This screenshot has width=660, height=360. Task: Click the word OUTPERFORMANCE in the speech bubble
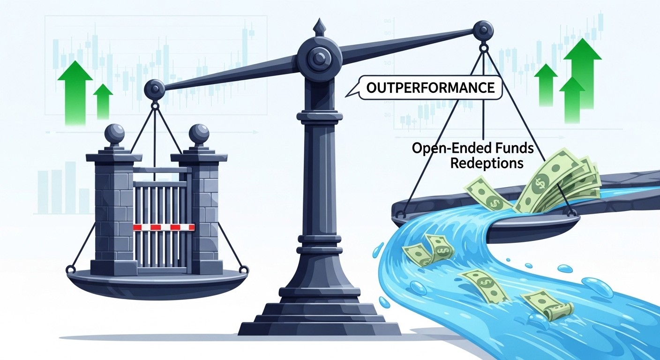(430, 88)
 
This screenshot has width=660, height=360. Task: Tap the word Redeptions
(487, 163)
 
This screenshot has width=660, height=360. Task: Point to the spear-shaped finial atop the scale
(318, 27)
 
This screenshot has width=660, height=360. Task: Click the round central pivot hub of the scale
(318, 58)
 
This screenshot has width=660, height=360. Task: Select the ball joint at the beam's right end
(483, 30)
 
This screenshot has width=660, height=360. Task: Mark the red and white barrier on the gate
(164, 227)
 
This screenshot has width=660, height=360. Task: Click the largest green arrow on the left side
(75, 92)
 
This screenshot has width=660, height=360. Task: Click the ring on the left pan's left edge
(70, 269)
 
